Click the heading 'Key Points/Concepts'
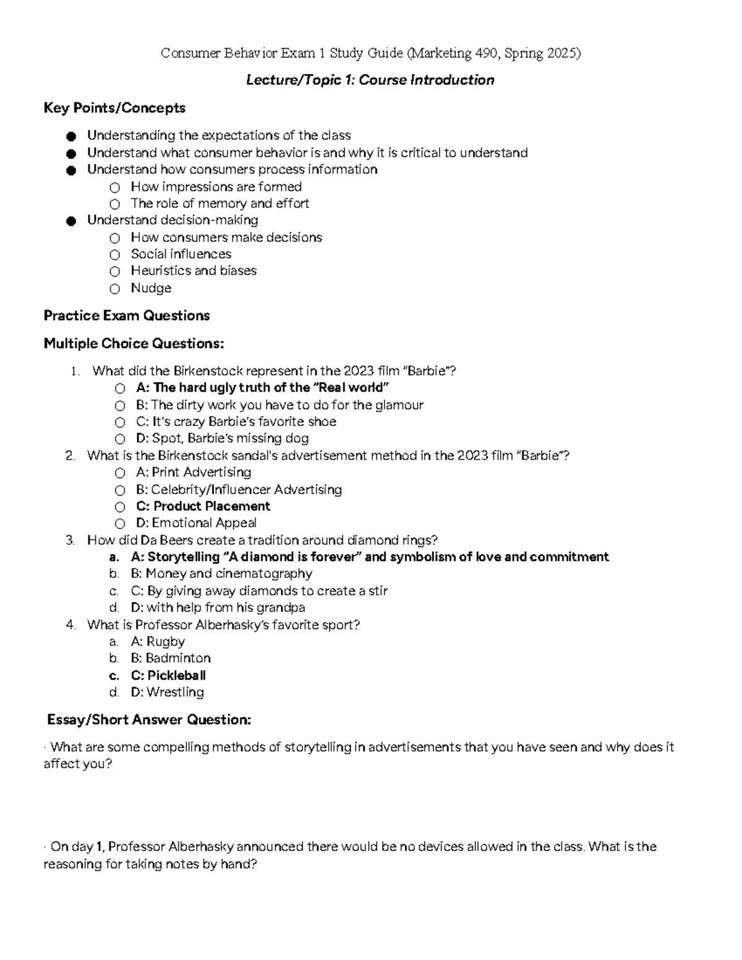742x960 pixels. (x=114, y=108)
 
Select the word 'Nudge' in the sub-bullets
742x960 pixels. (x=151, y=288)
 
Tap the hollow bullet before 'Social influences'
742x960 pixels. (x=114, y=255)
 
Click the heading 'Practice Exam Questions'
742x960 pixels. (x=127, y=316)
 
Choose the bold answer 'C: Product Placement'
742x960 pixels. (x=203, y=506)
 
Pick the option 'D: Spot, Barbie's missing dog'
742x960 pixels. (x=222, y=438)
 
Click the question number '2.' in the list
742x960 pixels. (x=70, y=456)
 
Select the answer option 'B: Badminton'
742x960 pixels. (x=171, y=658)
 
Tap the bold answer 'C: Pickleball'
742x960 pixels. (x=168, y=675)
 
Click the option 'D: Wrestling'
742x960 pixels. (x=167, y=692)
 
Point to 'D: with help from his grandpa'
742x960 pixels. (x=218, y=607)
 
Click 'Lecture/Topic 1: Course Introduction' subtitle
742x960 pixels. (x=370, y=80)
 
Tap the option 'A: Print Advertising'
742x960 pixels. (x=193, y=472)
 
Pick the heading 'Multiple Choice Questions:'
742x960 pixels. (x=134, y=344)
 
